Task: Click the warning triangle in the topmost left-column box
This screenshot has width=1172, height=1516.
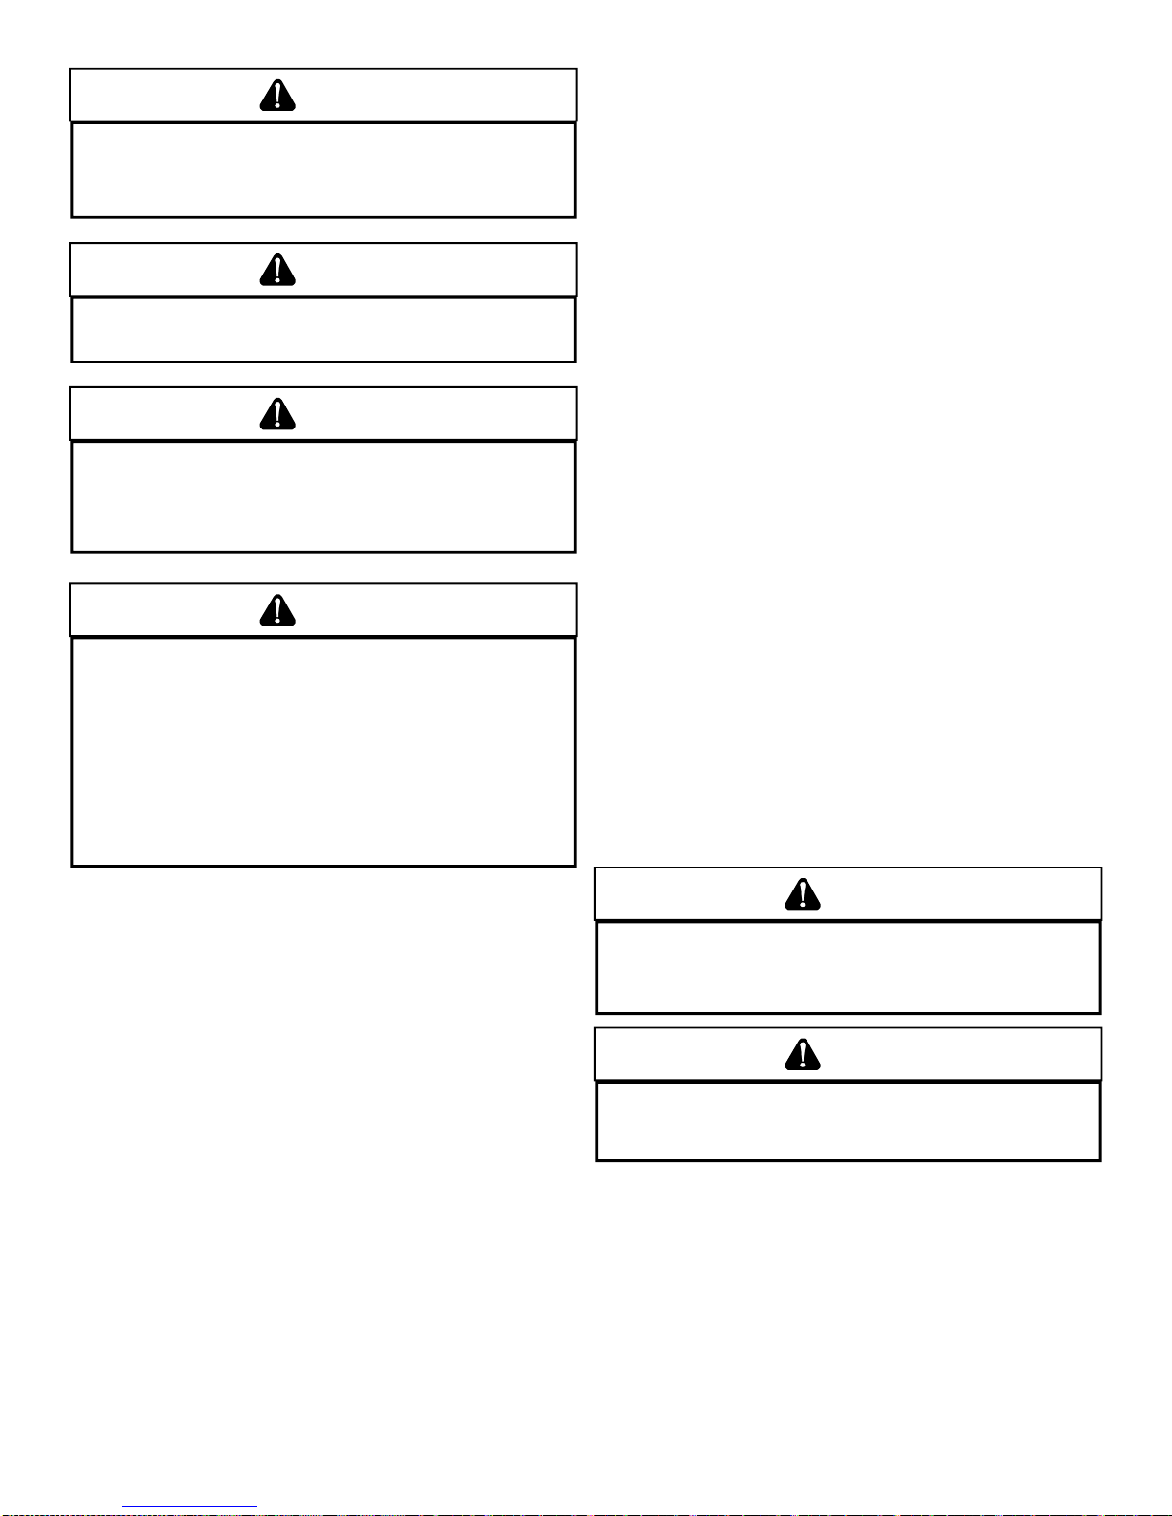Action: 277,96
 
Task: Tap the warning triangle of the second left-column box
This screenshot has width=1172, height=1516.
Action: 277,271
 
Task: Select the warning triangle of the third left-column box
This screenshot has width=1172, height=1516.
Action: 277,414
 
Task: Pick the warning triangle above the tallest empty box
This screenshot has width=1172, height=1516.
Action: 277,610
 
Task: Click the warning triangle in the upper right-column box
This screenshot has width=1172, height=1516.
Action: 803,894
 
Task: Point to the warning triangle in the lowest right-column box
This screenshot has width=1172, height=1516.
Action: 803,1055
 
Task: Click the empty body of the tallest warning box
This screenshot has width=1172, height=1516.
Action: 323,752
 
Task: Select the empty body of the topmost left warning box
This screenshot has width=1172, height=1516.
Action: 323,170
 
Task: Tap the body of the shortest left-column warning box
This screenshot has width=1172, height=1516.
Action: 323,330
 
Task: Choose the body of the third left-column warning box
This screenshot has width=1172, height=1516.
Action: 323,496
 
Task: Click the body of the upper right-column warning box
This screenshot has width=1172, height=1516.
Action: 848,967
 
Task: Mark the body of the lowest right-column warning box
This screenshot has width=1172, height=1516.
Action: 848,1121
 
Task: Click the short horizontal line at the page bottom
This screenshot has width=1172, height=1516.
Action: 189,1507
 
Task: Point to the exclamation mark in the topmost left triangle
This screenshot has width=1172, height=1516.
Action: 277,94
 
